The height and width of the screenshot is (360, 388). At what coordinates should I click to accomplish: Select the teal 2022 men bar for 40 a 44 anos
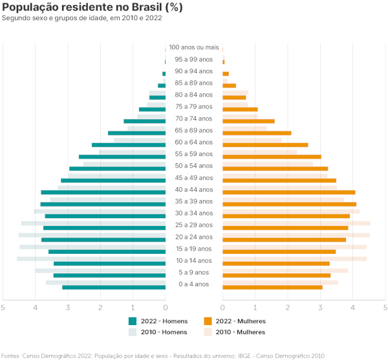click(x=103, y=192)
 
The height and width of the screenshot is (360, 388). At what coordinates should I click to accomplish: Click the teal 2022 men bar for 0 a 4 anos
click(x=114, y=287)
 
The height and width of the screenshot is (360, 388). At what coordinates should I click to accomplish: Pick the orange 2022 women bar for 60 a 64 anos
click(x=265, y=145)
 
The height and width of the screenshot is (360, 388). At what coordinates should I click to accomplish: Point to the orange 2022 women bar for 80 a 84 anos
click(x=234, y=97)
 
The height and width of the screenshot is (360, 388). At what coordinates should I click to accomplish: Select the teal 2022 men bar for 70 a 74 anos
click(x=145, y=121)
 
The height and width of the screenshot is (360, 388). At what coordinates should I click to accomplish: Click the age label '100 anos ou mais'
click(x=194, y=47)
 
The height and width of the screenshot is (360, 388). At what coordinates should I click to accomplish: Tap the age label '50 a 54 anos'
click(x=194, y=166)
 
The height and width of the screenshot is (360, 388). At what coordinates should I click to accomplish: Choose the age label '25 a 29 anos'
click(x=194, y=225)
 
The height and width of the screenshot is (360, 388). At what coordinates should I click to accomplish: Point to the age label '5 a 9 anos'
click(x=194, y=272)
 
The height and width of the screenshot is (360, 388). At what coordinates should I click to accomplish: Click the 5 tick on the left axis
click(x=3, y=307)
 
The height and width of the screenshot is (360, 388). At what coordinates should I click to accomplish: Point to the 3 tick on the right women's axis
click(x=320, y=307)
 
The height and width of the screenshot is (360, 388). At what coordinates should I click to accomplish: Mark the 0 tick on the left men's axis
click(x=166, y=307)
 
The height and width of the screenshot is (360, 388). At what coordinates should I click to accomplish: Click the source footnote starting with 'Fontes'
click(x=162, y=355)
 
